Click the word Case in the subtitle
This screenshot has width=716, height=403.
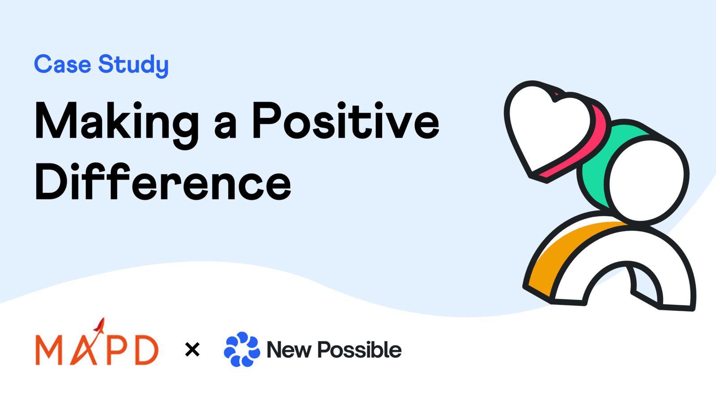pos(63,64)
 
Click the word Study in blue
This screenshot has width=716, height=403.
pos(133,65)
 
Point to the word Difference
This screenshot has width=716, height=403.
pos(163,182)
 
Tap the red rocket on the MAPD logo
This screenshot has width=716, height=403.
pos(100,326)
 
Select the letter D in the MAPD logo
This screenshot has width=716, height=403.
pos(146,350)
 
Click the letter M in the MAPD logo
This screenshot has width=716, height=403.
pos(48,350)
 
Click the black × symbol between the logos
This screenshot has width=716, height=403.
pos(192,349)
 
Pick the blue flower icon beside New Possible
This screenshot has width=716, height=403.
pos(242,349)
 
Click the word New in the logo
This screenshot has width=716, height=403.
pos(289,350)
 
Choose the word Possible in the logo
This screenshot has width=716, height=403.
pos(359,350)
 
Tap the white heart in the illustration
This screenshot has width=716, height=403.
pos(546,125)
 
